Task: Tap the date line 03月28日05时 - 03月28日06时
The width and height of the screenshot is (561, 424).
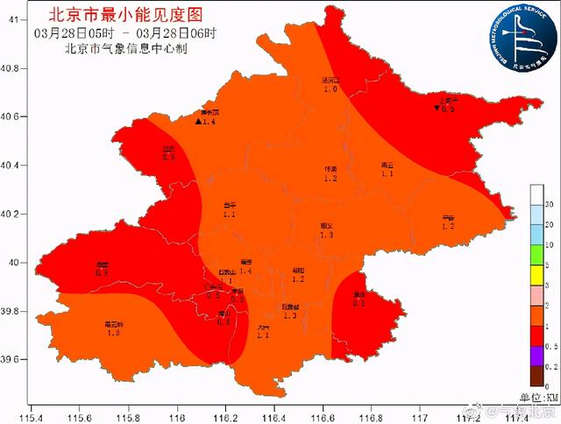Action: click(128, 33)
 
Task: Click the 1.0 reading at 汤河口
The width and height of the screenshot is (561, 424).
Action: click(330, 89)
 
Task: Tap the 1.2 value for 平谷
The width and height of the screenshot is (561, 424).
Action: click(448, 227)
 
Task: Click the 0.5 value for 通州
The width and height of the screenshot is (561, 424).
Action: click(359, 303)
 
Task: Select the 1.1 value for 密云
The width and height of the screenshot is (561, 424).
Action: click(387, 174)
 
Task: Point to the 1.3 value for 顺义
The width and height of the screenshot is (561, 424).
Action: click(326, 236)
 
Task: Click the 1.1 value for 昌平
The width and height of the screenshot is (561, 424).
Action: click(230, 215)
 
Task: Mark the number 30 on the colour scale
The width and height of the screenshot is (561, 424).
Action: click(547, 204)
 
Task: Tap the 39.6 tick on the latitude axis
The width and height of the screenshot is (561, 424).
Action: click(11, 359)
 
